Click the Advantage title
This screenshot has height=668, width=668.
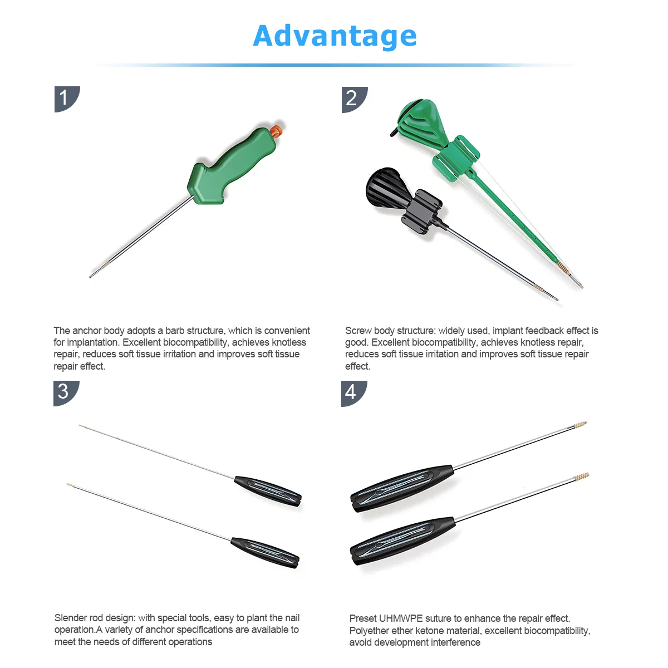coord(335,36)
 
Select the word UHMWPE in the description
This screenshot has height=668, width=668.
coord(401,618)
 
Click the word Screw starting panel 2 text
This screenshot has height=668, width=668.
coord(358,331)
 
